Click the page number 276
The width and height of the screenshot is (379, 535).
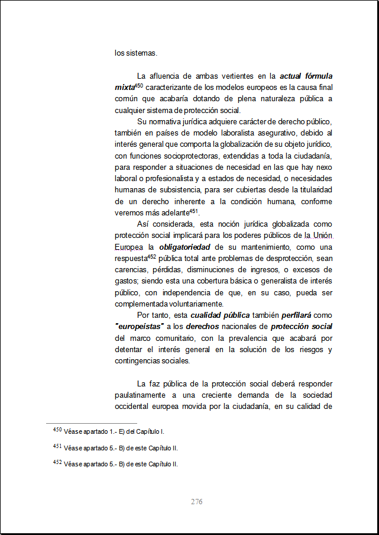[x=197, y=502]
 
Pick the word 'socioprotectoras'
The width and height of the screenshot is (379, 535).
[x=187, y=155]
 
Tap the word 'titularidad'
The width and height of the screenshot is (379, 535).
[x=312, y=189]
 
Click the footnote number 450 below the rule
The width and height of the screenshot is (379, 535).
[x=57, y=430]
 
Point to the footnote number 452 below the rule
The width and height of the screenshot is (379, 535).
[x=57, y=463]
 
